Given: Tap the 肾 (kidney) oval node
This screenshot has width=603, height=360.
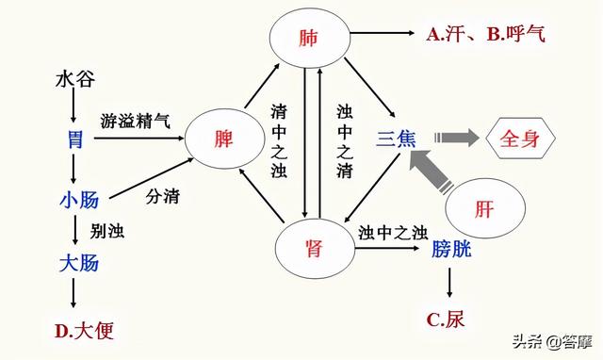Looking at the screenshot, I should [314, 247].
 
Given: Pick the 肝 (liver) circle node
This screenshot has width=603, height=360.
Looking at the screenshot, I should [482, 209].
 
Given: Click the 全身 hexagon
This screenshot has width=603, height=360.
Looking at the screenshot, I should [519, 139].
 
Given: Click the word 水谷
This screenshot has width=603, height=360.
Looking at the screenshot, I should [75, 77].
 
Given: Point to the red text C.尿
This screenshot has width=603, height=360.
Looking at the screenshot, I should [446, 319].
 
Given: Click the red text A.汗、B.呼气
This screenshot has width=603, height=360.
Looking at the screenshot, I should [485, 35].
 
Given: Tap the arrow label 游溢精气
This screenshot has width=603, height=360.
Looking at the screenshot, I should [136, 122].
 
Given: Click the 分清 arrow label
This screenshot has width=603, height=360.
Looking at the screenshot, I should [162, 197].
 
